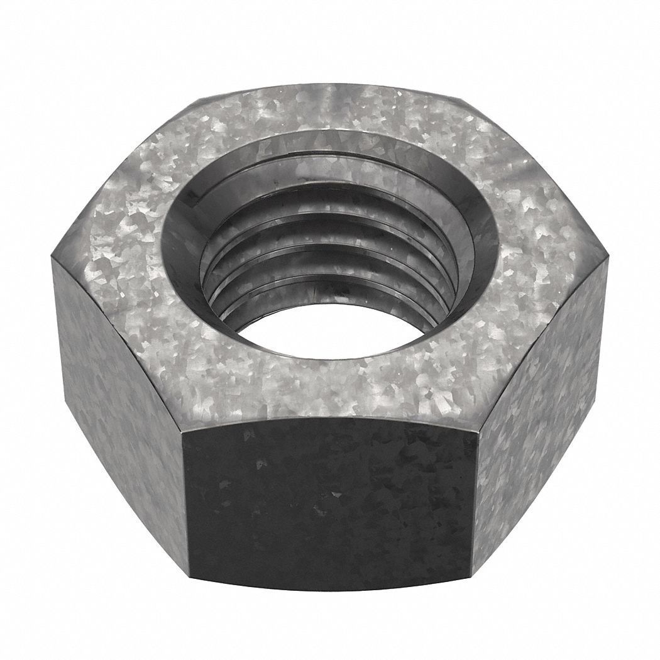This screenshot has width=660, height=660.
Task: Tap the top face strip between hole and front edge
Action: click(x=327, y=390)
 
